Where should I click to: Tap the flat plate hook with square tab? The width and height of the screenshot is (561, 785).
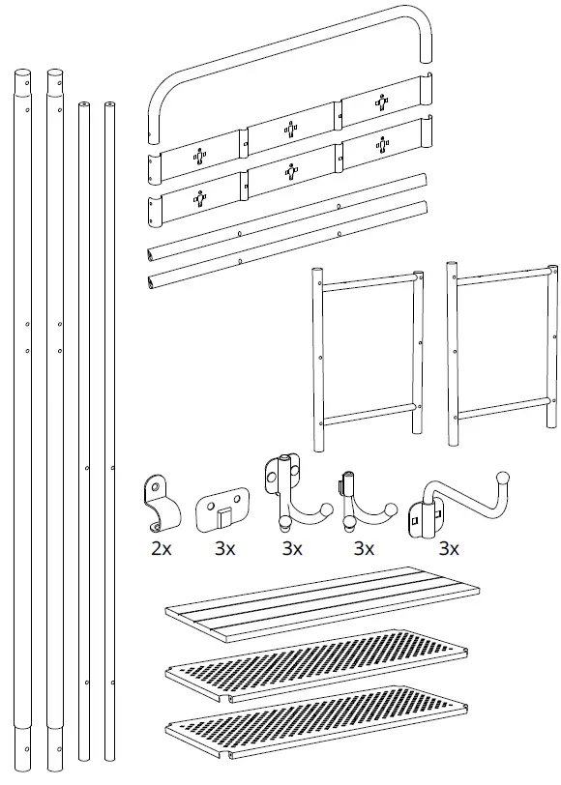tap(221, 508)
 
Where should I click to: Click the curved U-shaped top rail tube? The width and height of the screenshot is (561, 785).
tap(290, 47)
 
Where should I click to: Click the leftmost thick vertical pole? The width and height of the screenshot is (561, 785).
tap(22, 416)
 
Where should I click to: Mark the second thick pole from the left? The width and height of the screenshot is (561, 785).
tap(54, 416)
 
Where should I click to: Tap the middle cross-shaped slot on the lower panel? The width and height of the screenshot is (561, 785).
tap(291, 172)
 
